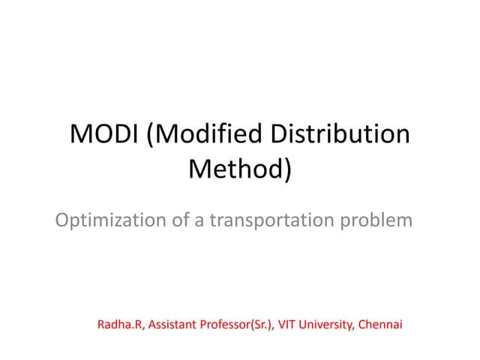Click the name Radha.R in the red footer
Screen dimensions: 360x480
[119, 325]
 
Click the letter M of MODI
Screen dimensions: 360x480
[80, 136]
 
